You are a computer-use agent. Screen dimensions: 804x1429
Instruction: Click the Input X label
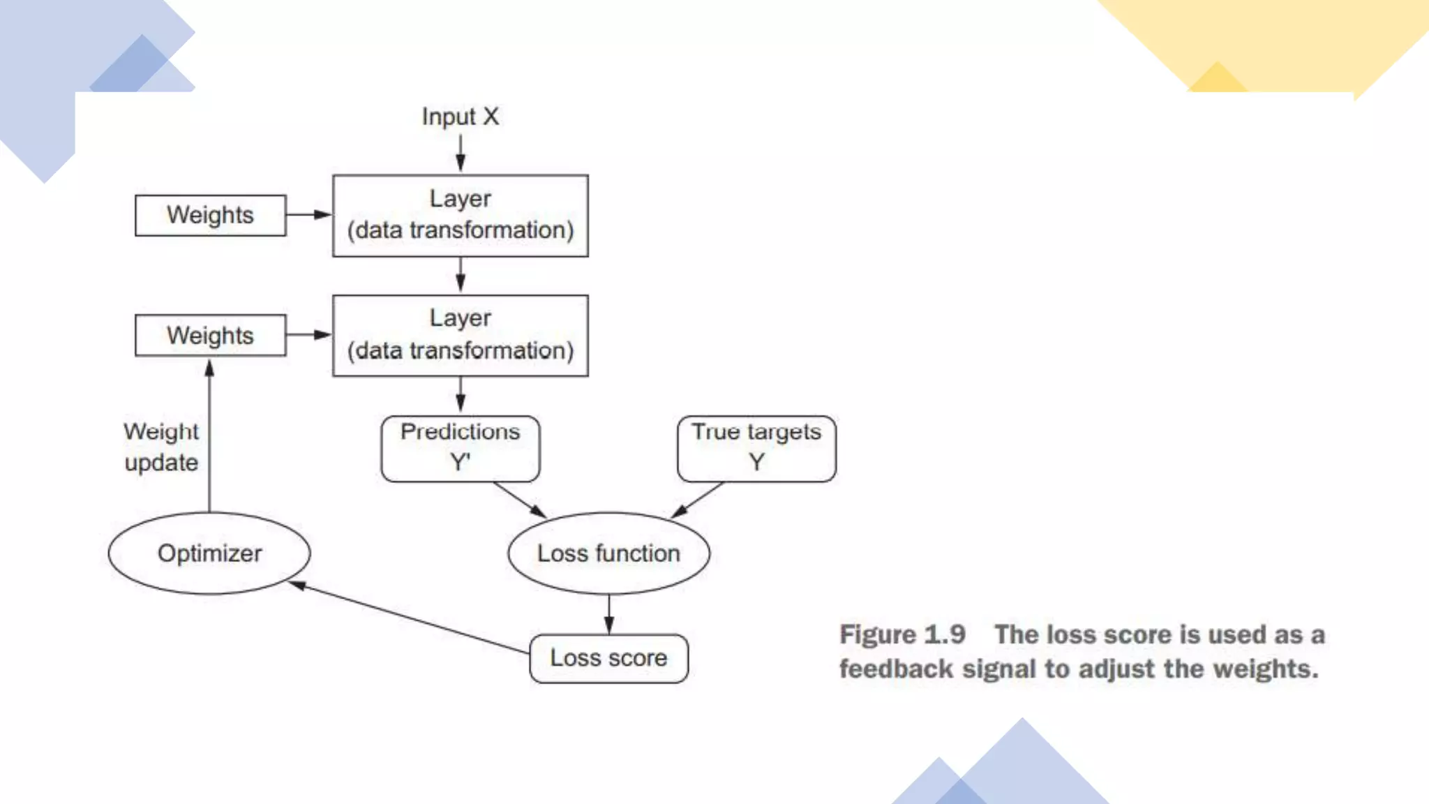[x=460, y=117]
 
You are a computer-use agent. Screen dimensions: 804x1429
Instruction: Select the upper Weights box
[x=210, y=215]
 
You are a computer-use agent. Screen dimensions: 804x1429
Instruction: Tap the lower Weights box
[x=210, y=336]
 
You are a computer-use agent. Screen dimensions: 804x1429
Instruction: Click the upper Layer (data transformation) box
[x=461, y=216]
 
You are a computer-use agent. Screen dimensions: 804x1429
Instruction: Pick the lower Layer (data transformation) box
[x=461, y=336]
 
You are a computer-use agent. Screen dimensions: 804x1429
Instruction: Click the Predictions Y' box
[x=461, y=449]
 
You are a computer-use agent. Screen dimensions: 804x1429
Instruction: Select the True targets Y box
[x=756, y=449]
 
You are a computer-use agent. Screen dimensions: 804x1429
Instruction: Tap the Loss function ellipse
[x=608, y=553]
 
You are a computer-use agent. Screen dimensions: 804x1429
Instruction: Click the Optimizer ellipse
[x=209, y=553]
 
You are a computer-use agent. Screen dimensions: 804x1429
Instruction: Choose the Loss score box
[x=608, y=658]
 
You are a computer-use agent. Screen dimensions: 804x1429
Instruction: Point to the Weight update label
[x=161, y=447]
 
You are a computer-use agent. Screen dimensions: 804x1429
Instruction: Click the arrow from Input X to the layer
[x=461, y=152]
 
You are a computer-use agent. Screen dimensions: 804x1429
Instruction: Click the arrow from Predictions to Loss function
[x=519, y=499]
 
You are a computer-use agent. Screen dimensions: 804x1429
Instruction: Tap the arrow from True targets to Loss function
[x=698, y=499]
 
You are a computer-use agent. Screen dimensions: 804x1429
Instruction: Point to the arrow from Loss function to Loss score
[x=609, y=614]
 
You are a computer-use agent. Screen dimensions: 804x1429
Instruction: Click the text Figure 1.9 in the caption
[x=902, y=634]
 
